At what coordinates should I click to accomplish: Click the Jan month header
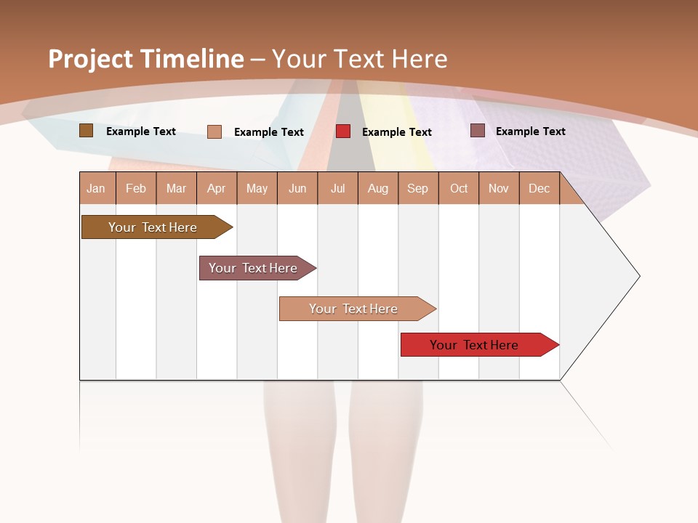coord(96,188)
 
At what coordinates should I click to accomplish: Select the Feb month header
coord(136,188)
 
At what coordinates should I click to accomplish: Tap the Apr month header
coord(216,188)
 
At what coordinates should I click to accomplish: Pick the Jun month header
coord(297,188)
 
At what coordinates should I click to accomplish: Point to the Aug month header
coord(377,188)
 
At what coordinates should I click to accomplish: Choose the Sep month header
coord(417,188)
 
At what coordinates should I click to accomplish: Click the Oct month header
coord(459,188)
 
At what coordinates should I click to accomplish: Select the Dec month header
coord(539,188)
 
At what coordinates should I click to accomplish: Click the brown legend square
coord(86,131)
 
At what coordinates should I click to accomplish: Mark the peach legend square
coord(214,131)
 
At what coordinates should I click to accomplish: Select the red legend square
coord(342,131)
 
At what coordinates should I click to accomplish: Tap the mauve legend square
coord(477,131)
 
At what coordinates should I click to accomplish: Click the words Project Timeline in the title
coord(145,59)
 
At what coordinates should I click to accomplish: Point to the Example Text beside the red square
coord(396,132)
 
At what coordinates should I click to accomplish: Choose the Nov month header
coord(499,188)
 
